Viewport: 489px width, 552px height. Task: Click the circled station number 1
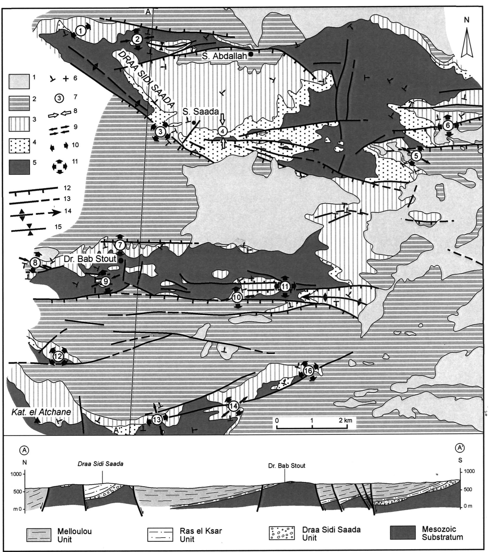click(x=80, y=31)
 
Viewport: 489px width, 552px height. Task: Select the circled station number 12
click(x=58, y=356)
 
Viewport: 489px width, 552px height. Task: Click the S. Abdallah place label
click(x=225, y=56)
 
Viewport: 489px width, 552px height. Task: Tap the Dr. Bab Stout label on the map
click(x=90, y=259)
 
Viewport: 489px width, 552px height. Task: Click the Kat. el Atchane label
click(x=41, y=412)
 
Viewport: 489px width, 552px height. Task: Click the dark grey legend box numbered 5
click(x=19, y=167)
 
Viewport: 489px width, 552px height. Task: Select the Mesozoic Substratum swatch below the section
click(x=403, y=533)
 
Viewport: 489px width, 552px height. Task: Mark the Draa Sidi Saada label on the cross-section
click(x=100, y=464)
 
